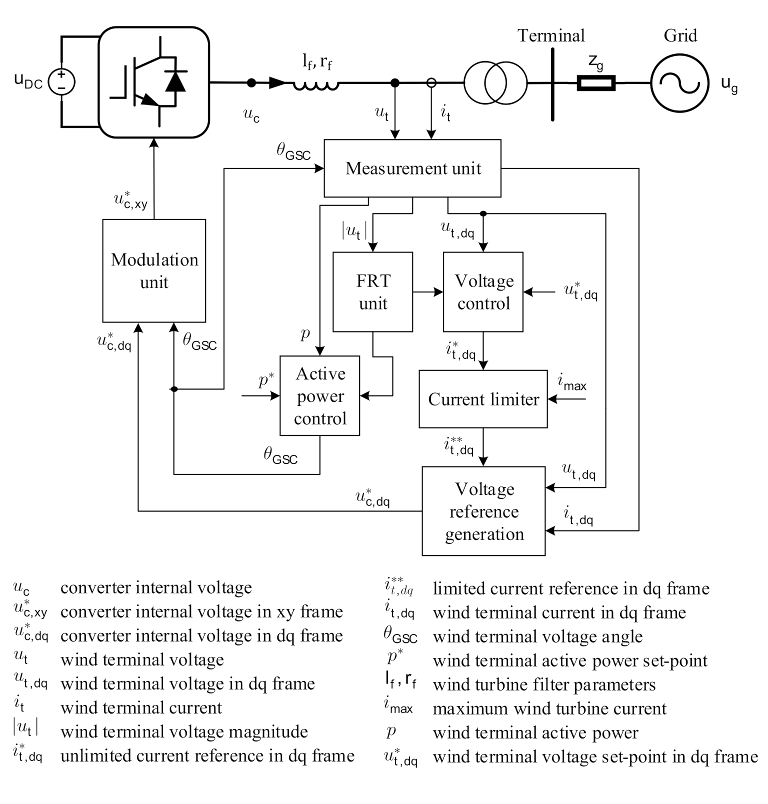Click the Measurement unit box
pyautogui.click(x=412, y=168)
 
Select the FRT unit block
pyautogui.click(x=373, y=292)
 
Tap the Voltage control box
pyautogui.click(x=483, y=292)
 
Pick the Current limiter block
pyautogui.click(x=483, y=399)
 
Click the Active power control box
pyautogui.click(x=320, y=395)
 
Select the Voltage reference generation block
pyautogui.click(x=483, y=511)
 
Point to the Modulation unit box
pyautogui.click(x=154, y=270)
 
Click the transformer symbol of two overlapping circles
pyautogui.click(x=495, y=82)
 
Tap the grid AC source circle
pyautogui.click(x=679, y=83)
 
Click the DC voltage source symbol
pyautogui.click(x=61, y=82)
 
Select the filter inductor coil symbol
pyautogui.click(x=316, y=85)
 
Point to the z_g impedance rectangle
pyautogui.click(x=596, y=83)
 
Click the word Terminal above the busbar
pyautogui.click(x=551, y=36)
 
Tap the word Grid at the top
pyautogui.click(x=680, y=35)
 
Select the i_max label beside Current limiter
pyautogui.click(x=572, y=383)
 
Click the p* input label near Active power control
pyautogui.click(x=266, y=380)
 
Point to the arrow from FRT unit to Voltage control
pyautogui.click(x=428, y=292)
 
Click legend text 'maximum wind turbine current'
pyautogui.click(x=549, y=708)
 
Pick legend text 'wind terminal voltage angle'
pyautogui.click(x=537, y=636)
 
